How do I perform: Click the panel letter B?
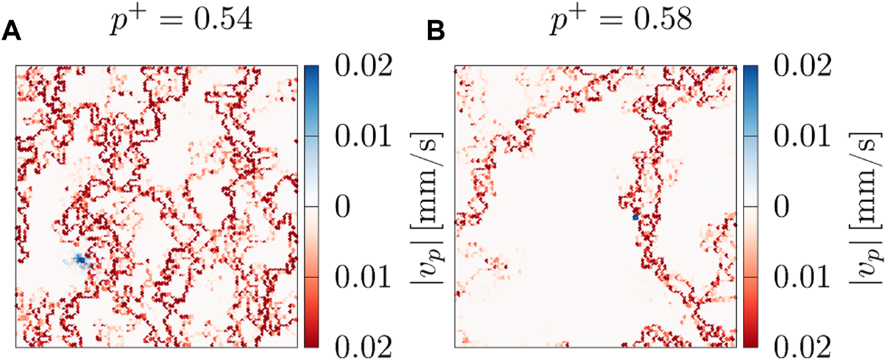click(x=437, y=32)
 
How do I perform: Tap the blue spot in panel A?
click(x=80, y=259)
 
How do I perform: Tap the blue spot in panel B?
click(x=635, y=217)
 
